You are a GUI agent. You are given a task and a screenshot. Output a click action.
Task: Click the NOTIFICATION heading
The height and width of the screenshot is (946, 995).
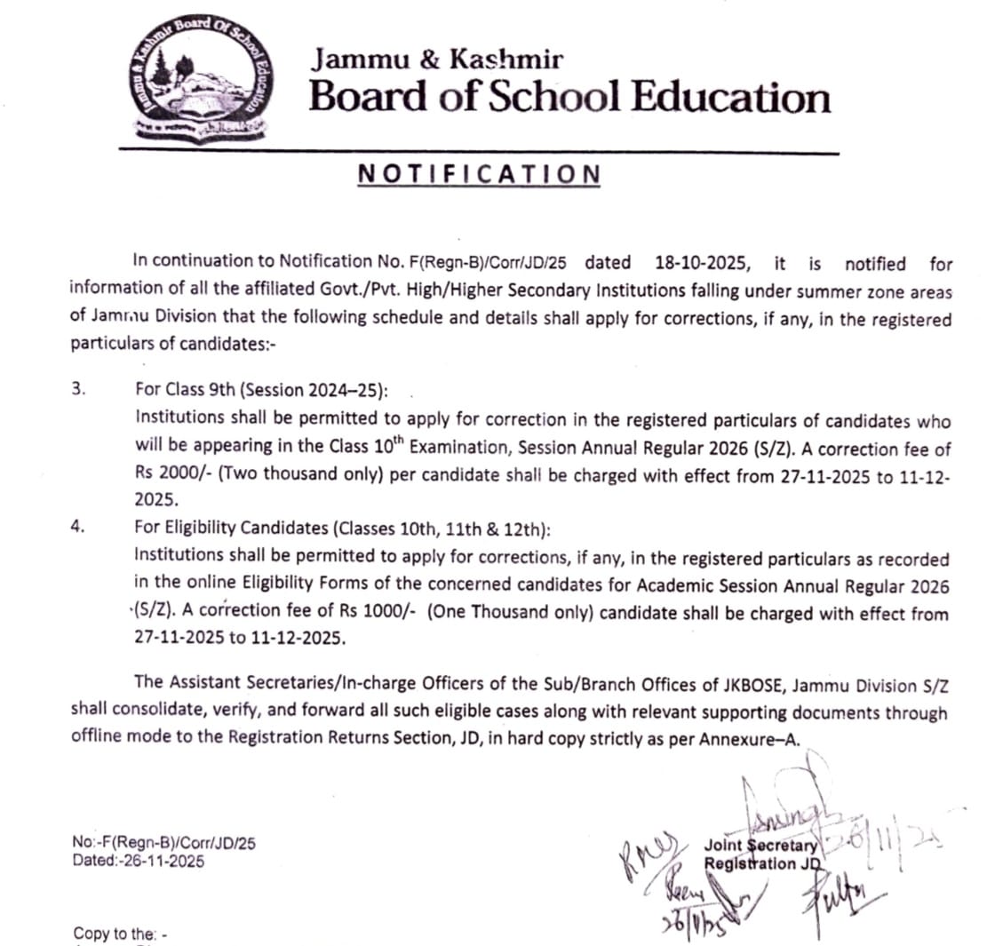pyautogui.click(x=479, y=174)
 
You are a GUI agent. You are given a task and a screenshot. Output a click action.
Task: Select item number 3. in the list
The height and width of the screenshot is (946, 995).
pyautogui.click(x=78, y=390)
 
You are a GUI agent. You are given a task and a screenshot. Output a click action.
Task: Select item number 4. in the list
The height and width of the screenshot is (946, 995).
pyautogui.click(x=78, y=527)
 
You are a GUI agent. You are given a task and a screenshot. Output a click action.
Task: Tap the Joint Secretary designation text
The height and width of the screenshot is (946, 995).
pyautogui.click(x=760, y=847)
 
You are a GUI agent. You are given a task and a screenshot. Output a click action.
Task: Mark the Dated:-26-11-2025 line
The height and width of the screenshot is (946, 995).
pyautogui.click(x=139, y=861)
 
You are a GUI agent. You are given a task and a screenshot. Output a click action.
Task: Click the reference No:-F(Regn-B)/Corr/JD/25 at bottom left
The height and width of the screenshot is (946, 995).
pyautogui.click(x=164, y=844)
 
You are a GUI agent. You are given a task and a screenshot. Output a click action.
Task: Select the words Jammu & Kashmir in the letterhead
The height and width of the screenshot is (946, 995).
pyautogui.click(x=436, y=60)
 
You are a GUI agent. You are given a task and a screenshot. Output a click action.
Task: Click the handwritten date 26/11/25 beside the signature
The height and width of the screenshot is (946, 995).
pyautogui.click(x=880, y=836)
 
